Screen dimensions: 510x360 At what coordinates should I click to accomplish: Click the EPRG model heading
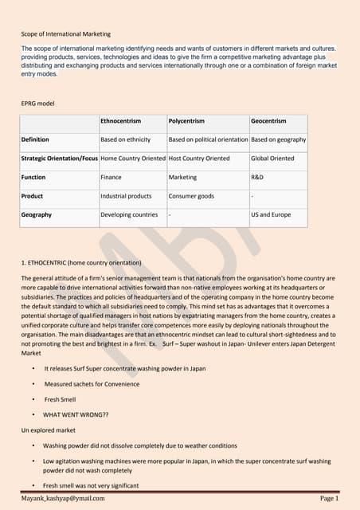click(x=41, y=102)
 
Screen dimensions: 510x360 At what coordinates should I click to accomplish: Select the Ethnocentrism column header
click(x=121, y=121)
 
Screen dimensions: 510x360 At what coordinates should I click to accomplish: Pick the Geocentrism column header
click(x=268, y=121)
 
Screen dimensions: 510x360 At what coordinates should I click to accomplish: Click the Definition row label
click(x=37, y=139)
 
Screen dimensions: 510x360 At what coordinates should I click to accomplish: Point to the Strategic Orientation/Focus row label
click(x=60, y=158)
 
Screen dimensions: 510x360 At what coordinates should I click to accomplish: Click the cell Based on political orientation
click(x=209, y=139)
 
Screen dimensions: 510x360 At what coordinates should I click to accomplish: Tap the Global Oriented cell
click(x=272, y=158)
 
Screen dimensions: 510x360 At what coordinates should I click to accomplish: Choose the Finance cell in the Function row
click(x=111, y=177)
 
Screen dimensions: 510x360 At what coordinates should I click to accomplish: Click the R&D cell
click(x=259, y=177)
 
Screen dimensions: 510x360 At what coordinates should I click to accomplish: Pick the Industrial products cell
click(x=126, y=195)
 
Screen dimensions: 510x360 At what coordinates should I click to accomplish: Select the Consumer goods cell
click(x=191, y=195)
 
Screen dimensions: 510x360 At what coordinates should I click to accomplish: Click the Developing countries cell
click(x=129, y=214)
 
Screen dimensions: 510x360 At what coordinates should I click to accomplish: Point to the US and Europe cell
click(x=271, y=214)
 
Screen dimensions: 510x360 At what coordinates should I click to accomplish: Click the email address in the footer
click(x=63, y=498)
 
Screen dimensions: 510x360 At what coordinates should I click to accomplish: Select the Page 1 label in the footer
click(x=330, y=498)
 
